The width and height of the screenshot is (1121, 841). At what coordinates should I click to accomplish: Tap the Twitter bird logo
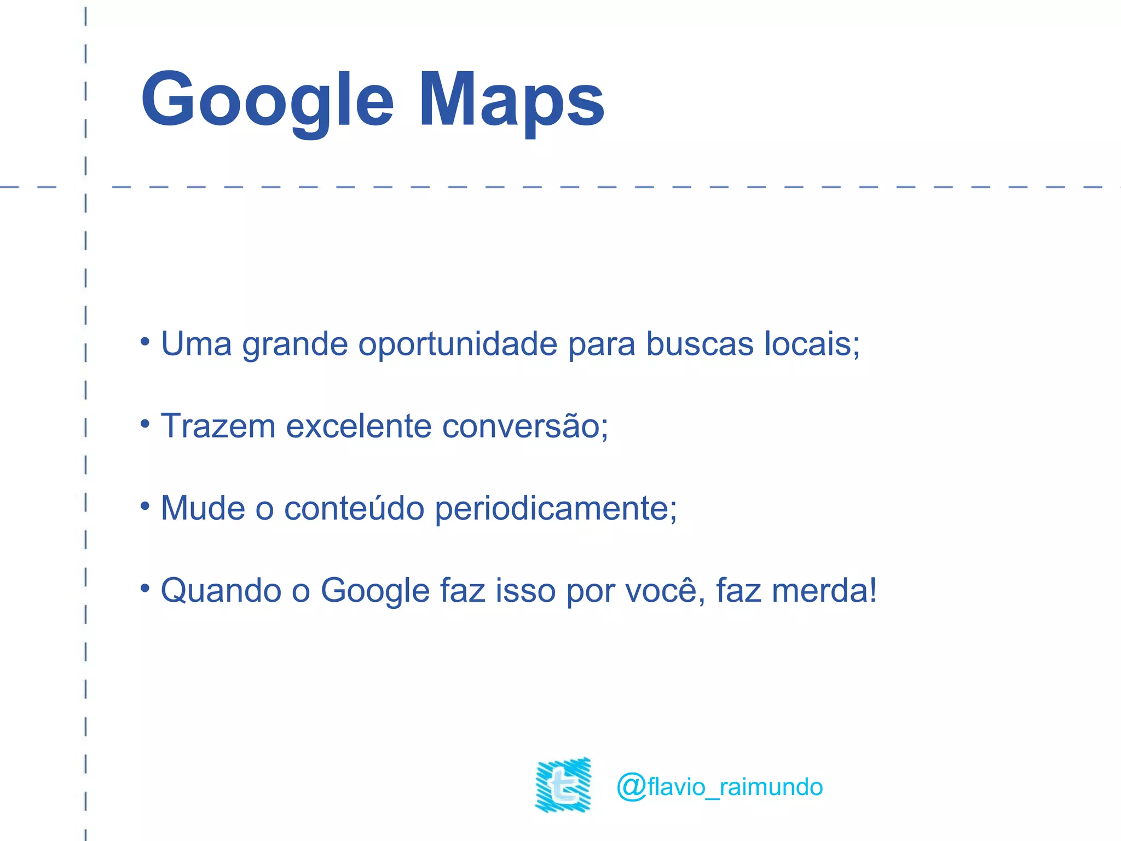tap(563, 785)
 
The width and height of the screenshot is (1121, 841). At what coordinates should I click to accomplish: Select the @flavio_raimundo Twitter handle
tap(720, 787)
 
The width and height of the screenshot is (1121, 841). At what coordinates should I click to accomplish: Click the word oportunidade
tap(458, 344)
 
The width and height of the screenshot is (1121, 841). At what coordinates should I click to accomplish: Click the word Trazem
tap(218, 426)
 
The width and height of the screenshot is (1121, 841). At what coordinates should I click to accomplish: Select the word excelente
tap(359, 426)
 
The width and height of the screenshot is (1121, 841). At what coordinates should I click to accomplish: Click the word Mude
tap(203, 508)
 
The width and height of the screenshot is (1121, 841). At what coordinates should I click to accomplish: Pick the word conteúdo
tap(354, 508)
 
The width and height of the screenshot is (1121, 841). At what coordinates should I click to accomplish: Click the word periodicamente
tap(553, 508)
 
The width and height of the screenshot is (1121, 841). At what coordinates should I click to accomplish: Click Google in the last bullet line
tap(375, 591)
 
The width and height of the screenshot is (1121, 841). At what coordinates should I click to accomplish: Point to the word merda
tap(821, 591)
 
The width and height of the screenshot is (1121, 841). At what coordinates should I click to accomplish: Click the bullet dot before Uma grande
tap(145, 342)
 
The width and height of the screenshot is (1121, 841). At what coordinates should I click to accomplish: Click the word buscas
tap(700, 344)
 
